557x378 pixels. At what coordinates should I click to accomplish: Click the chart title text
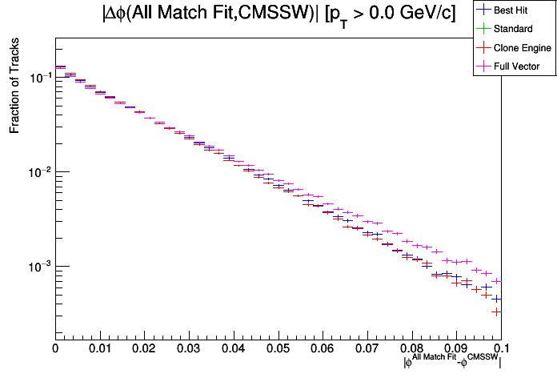coord(278,14)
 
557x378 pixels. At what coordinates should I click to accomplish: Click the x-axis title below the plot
coord(453,362)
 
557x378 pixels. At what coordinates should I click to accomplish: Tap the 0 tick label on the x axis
coord(54,348)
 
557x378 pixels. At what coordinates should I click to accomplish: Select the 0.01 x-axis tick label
coord(99,348)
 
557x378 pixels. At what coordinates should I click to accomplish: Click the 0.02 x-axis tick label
coord(144,348)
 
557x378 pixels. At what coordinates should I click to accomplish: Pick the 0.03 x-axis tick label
coord(189,348)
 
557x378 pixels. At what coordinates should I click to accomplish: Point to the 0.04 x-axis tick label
coord(233,348)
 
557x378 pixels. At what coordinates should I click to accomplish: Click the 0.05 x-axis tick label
coord(278,348)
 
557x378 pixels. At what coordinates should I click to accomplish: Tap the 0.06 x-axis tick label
coord(323,348)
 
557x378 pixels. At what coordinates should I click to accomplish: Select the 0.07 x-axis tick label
coord(367,348)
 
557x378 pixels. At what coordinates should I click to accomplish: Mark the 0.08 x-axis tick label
coord(412,348)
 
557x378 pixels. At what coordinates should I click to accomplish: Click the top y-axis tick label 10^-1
coord(39,77)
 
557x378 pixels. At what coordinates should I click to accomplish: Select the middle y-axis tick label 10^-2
coord(39,171)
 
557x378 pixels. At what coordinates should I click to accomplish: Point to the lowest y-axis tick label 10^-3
coord(39,266)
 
